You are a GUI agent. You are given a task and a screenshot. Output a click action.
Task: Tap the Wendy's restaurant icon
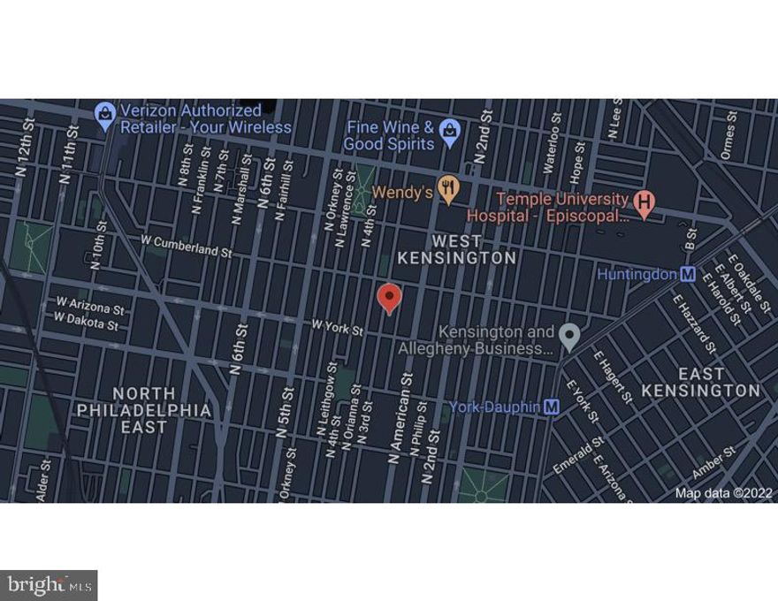450,190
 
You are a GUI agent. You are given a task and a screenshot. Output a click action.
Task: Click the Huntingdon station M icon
687,275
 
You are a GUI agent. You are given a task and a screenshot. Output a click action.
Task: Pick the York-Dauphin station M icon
553,407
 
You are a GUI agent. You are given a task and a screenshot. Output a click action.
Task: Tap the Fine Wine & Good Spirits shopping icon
450,132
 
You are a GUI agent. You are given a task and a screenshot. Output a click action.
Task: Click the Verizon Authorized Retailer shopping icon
105,115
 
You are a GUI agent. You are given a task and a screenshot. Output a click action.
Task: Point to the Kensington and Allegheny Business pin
570,336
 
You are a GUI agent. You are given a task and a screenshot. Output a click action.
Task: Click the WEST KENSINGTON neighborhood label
456,249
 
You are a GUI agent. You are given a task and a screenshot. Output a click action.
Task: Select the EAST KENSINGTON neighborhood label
700,382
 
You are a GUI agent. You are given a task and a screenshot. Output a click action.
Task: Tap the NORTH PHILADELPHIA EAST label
144,410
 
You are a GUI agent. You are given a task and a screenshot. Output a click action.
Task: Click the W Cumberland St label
186,245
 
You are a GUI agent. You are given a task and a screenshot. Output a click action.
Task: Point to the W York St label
338,328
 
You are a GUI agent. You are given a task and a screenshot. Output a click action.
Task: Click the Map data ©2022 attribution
723,493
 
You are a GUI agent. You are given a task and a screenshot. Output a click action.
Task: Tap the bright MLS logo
49,584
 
